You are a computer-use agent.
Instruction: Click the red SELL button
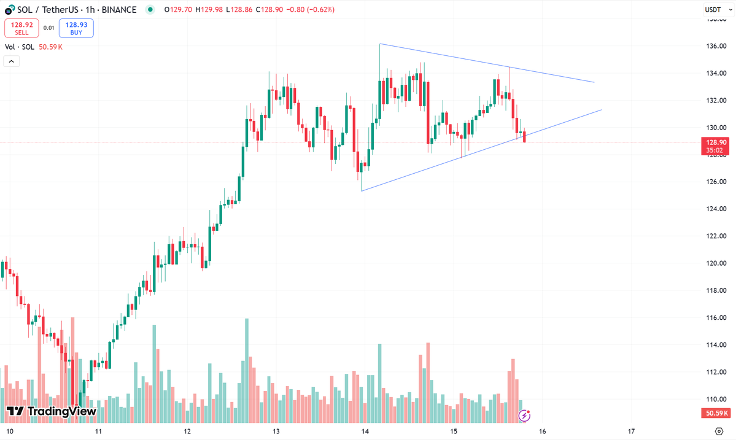[21, 28]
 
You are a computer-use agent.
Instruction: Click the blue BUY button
[76, 28]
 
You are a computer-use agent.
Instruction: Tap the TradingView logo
[51, 411]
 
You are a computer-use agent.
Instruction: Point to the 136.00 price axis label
[716, 46]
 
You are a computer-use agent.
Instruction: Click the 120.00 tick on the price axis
[716, 263]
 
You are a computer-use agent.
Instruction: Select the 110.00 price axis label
[716, 399]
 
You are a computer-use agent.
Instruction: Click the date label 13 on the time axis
[276, 431]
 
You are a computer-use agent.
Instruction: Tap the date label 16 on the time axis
[543, 431]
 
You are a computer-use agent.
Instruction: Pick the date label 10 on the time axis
[9, 431]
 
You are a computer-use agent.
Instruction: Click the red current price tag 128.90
[715, 146]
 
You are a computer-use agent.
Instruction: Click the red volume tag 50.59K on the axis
[715, 413]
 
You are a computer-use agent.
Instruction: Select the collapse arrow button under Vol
[11, 61]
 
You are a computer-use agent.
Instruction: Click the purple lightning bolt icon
[524, 415]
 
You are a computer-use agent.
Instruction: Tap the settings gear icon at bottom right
[719, 431]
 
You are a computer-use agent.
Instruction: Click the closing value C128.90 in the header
[269, 9]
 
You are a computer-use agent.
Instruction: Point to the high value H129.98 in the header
[209, 9]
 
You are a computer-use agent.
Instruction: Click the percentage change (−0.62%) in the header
[320, 9]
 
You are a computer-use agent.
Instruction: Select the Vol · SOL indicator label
[19, 47]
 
